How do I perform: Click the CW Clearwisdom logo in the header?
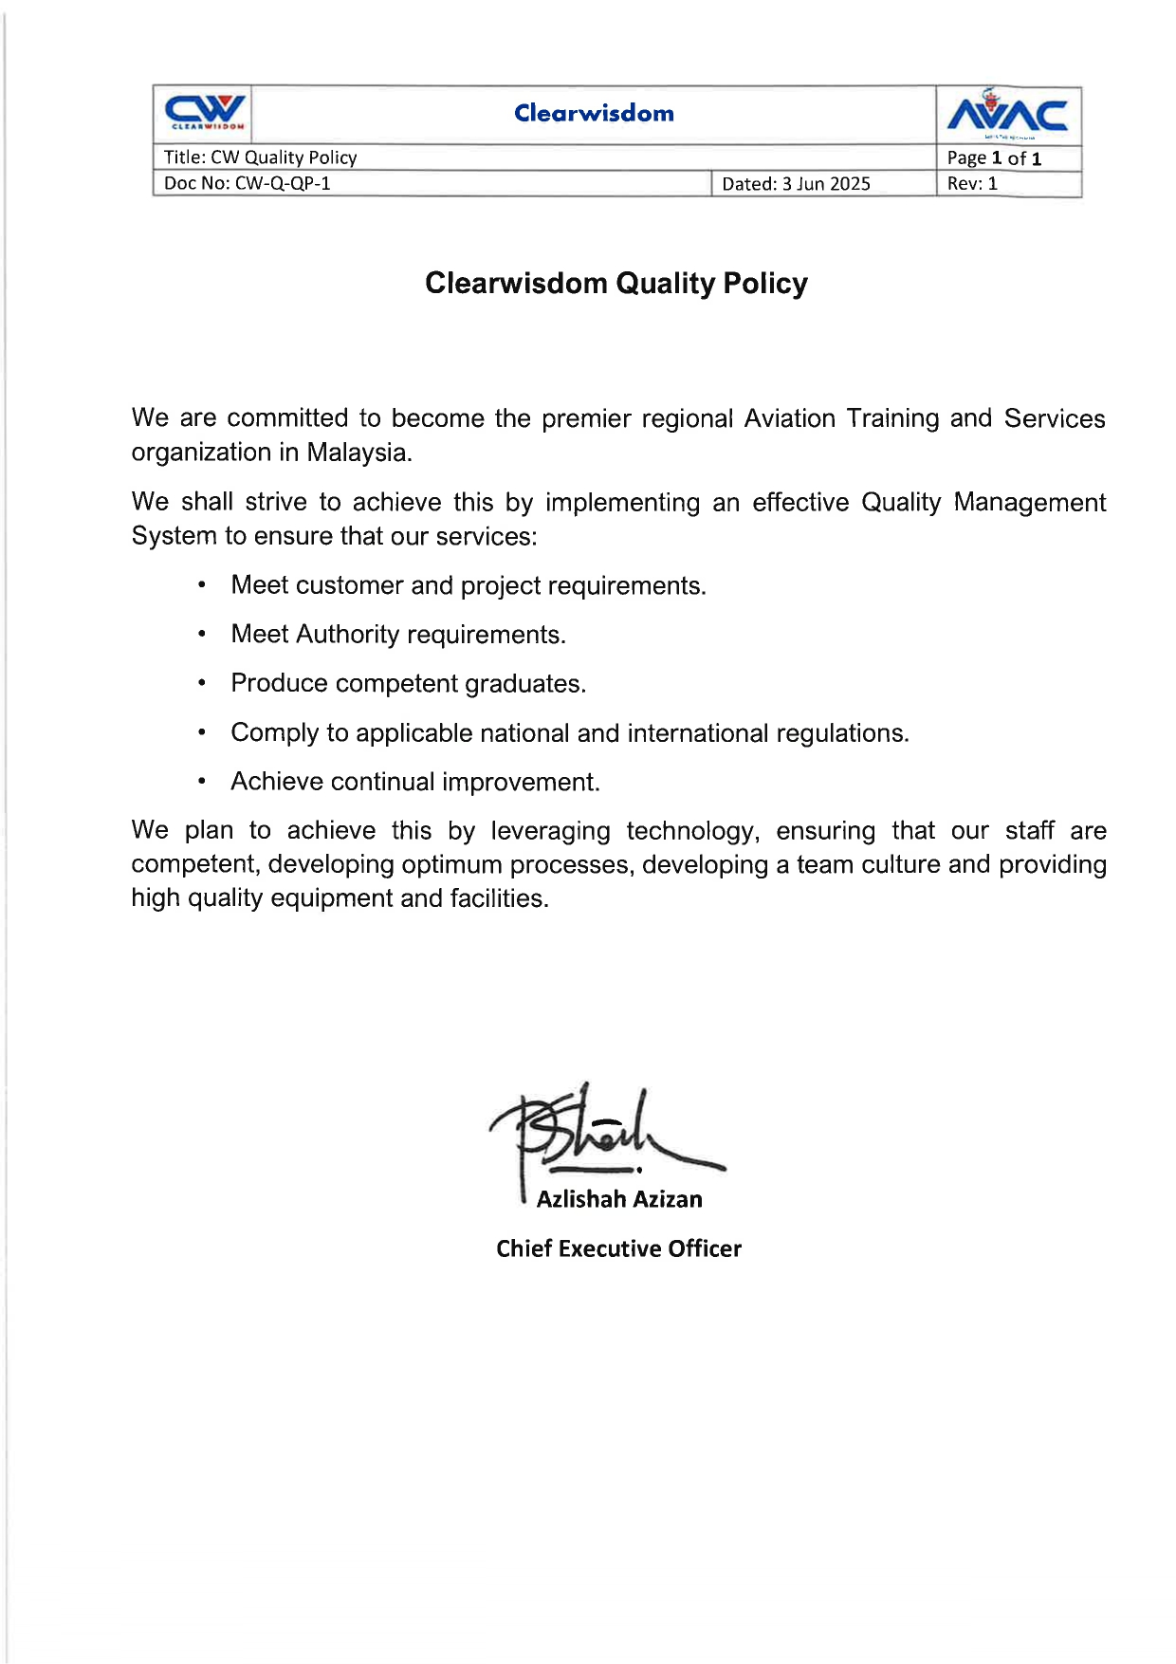(x=205, y=113)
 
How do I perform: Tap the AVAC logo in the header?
(x=1007, y=114)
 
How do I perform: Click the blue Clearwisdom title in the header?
(x=594, y=113)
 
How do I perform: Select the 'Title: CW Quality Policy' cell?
(x=261, y=157)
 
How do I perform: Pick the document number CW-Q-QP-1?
(x=283, y=183)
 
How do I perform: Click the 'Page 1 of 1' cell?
(x=994, y=158)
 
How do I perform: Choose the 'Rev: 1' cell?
(x=972, y=183)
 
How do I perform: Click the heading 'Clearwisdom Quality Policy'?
(x=616, y=283)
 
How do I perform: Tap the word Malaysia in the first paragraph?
(x=359, y=453)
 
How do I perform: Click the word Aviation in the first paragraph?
(x=789, y=418)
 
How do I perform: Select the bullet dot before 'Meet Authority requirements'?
(x=202, y=634)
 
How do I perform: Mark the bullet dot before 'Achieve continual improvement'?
(x=202, y=782)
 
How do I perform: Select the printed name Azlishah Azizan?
(x=619, y=1199)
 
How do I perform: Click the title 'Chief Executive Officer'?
(x=618, y=1248)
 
